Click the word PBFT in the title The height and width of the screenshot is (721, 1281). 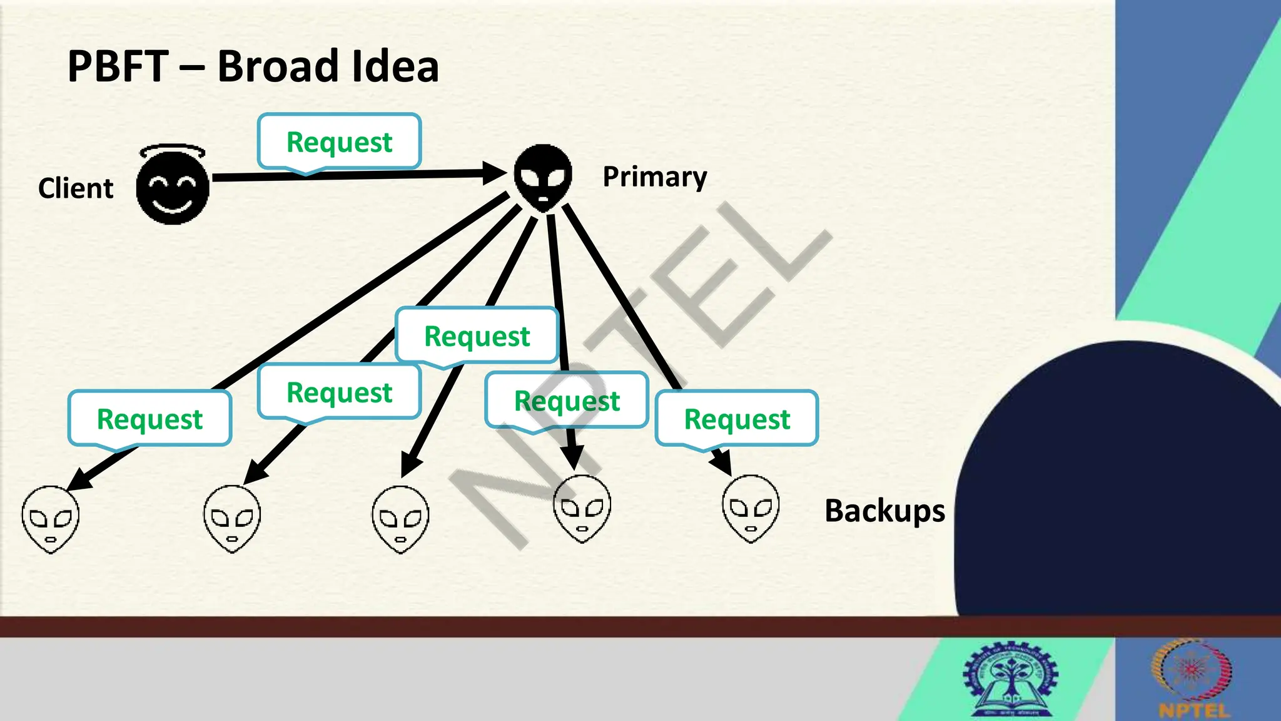(x=118, y=66)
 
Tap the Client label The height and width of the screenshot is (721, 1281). (x=76, y=188)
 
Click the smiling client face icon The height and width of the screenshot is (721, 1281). (x=173, y=188)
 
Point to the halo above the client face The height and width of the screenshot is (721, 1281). (x=172, y=151)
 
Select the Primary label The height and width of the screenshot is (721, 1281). (x=654, y=177)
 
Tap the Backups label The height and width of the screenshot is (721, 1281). (x=884, y=511)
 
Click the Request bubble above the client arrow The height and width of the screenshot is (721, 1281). (x=339, y=142)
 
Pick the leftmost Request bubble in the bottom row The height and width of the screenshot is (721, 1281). (x=149, y=419)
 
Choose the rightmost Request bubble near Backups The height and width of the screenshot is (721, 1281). (x=737, y=419)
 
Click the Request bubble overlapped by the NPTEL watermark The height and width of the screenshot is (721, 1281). (x=567, y=401)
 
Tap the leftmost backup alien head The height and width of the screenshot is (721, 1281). (x=51, y=519)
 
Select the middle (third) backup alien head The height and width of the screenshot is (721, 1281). (x=401, y=519)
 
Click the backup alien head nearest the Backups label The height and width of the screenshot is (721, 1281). (x=751, y=508)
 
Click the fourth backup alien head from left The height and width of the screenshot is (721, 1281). (x=582, y=508)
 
